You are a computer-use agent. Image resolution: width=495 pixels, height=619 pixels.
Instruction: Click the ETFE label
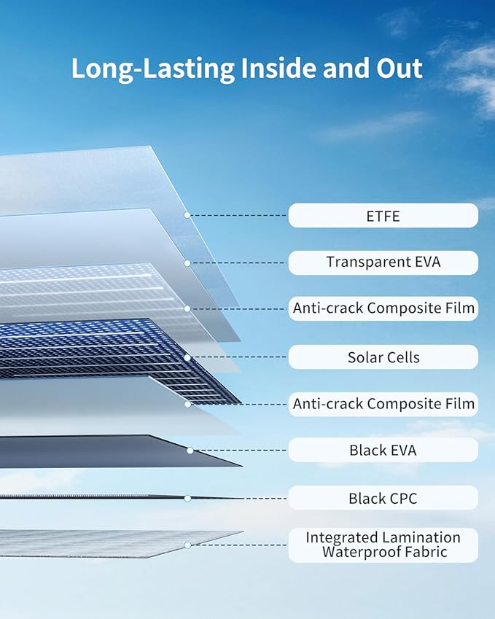click(383, 216)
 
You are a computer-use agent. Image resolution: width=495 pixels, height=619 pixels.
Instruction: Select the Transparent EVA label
click(383, 262)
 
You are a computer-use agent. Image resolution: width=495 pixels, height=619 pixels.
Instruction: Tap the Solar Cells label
click(383, 357)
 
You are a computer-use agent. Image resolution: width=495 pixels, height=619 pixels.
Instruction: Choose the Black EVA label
click(383, 450)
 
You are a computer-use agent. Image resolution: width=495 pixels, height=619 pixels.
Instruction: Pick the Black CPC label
click(383, 498)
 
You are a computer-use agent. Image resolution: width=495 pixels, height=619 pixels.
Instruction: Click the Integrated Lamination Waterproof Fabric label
click(383, 545)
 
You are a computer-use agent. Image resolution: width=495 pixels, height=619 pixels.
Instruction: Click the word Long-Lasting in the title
click(153, 69)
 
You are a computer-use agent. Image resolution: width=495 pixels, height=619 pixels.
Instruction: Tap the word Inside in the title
click(278, 68)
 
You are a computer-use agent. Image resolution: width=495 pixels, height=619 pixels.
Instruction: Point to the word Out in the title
click(399, 68)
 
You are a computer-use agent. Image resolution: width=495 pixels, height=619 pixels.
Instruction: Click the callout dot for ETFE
click(187, 215)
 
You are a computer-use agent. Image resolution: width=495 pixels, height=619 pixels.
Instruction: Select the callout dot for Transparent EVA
click(187, 263)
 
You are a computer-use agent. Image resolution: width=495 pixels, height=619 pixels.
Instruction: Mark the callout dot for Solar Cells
click(187, 358)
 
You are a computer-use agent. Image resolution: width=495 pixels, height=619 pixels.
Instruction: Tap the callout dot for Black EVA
click(190, 451)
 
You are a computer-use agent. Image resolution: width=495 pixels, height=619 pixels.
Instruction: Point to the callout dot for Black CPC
click(188, 499)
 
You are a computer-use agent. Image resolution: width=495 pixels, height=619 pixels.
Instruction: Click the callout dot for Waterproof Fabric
click(188, 545)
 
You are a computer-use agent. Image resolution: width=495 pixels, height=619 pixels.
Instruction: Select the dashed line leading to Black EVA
click(241, 450)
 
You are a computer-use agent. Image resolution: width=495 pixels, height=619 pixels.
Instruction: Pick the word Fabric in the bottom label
click(425, 552)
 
